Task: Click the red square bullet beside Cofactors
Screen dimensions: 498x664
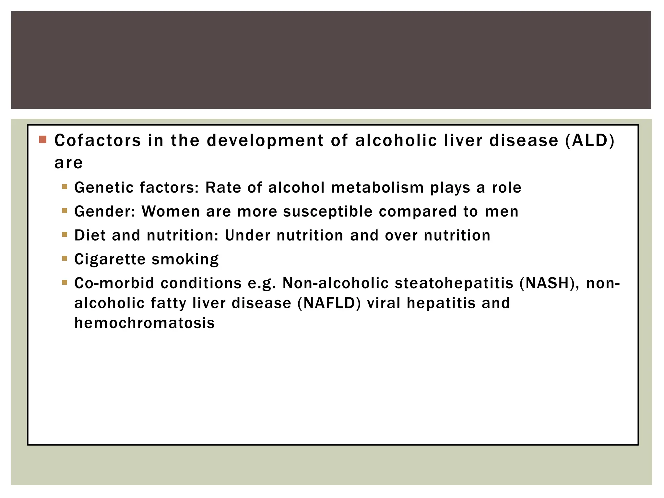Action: click(42, 140)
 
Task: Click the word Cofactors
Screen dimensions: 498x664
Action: click(98, 141)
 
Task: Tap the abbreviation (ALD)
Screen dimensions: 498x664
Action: click(590, 141)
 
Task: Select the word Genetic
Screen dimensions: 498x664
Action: click(104, 188)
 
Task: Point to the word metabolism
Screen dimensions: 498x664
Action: click(378, 188)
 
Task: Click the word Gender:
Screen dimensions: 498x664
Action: click(105, 212)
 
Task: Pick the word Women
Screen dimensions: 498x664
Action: click(171, 212)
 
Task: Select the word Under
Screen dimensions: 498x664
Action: click(247, 235)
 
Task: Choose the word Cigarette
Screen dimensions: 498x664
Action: click(110, 259)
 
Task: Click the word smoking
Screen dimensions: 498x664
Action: click(185, 260)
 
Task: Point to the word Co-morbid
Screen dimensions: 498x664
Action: click(114, 283)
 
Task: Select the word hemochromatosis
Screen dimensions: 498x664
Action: click(145, 323)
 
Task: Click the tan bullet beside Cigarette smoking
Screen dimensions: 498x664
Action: click(65, 258)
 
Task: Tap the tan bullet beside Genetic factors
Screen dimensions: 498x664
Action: click(65, 187)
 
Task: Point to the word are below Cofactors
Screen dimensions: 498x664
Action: click(68, 163)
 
